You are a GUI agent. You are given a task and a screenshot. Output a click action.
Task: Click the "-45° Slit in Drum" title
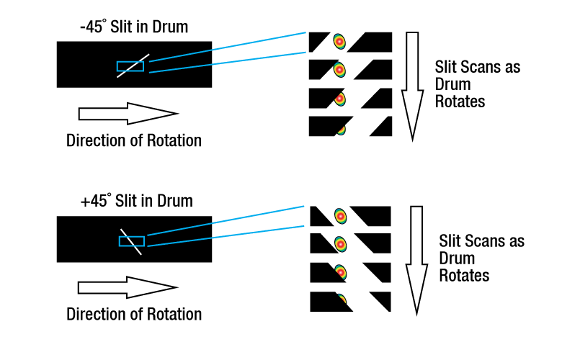pos(134,27)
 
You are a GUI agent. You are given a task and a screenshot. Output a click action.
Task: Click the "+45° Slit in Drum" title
pos(136,201)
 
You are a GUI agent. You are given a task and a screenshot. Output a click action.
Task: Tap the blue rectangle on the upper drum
pos(130,66)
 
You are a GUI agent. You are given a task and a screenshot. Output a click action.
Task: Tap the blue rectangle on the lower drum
pos(132,241)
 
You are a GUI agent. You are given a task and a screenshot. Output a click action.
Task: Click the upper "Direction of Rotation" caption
pos(134,140)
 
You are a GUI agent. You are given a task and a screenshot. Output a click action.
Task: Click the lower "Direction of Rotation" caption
pos(134,315)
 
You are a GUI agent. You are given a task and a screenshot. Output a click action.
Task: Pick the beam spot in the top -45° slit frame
pos(339,42)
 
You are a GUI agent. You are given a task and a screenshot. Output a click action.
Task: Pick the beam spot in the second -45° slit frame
pos(339,70)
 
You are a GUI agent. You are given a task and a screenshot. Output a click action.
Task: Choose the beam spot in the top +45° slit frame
pos(340,215)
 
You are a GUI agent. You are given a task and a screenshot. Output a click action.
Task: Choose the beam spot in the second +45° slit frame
pos(341,244)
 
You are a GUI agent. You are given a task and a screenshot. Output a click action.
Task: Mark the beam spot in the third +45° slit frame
pos(341,272)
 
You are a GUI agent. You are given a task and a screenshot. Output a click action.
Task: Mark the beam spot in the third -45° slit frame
pos(340,98)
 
